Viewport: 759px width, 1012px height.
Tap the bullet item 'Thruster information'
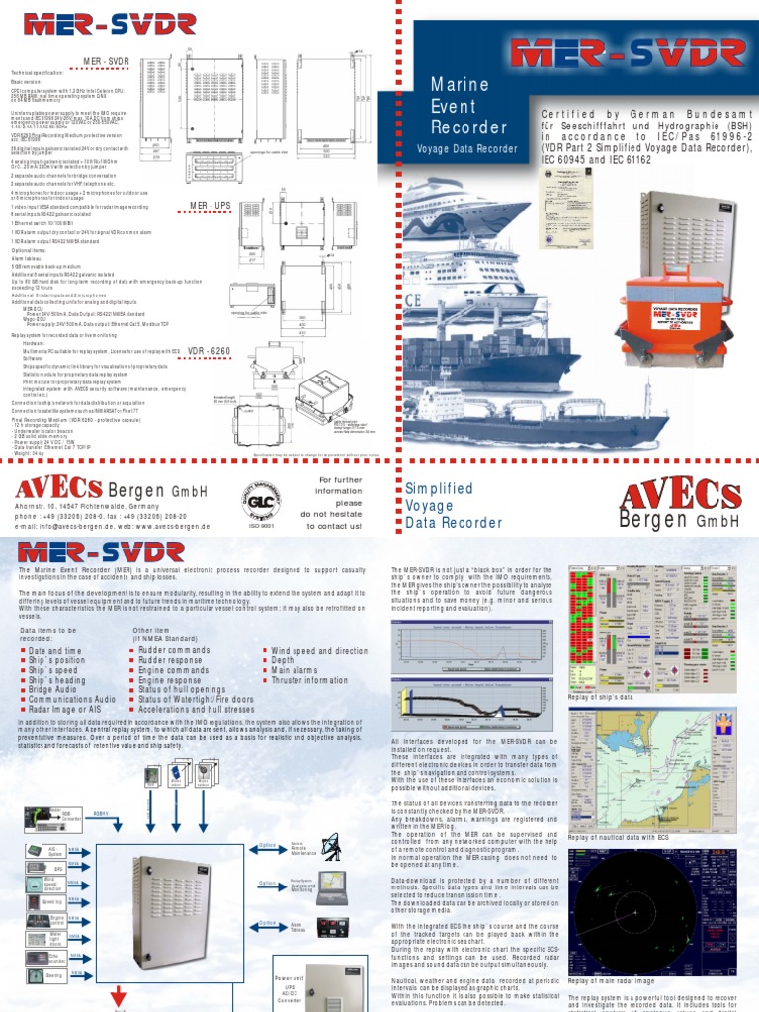pos(310,680)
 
